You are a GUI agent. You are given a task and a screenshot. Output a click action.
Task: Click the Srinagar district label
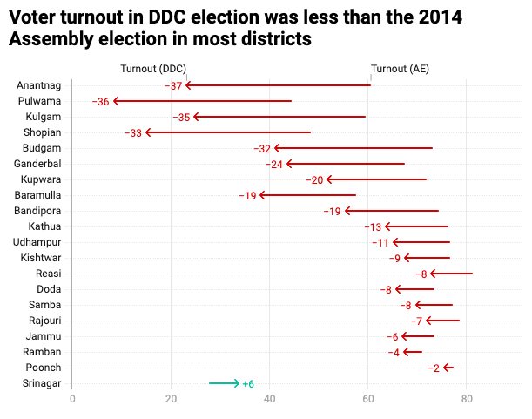pyautogui.click(x=42, y=383)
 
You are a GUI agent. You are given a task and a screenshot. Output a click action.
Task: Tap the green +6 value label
pyautogui.click(x=248, y=384)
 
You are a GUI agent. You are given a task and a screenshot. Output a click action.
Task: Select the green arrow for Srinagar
pyautogui.click(x=224, y=383)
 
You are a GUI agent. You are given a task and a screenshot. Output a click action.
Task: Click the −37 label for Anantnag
pyautogui.click(x=174, y=85)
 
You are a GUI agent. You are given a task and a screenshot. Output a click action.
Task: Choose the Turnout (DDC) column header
pyautogui.click(x=153, y=69)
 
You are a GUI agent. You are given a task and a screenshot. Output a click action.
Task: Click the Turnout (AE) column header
pyautogui.click(x=400, y=69)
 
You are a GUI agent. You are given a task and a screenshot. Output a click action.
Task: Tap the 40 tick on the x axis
pyautogui.click(x=270, y=400)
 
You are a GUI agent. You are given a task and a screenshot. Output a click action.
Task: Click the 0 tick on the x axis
pyautogui.click(x=72, y=400)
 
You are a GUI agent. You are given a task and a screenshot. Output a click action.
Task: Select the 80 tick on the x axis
pyautogui.click(x=468, y=400)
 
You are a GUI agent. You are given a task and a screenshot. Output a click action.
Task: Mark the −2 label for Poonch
pyautogui.click(x=434, y=368)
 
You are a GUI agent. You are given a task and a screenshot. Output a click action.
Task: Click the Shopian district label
pyautogui.click(x=43, y=132)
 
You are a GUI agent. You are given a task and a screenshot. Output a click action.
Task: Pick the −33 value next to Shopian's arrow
pyautogui.click(x=133, y=132)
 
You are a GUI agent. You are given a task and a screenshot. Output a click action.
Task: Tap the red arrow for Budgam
pyautogui.click(x=353, y=148)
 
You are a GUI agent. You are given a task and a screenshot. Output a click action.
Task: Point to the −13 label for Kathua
pyautogui.click(x=373, y=226)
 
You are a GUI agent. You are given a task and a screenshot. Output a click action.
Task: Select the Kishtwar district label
pyautogui.click(x=41, y=258)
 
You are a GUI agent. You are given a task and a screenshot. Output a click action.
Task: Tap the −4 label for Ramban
pyautogui.click(x=394, y=353)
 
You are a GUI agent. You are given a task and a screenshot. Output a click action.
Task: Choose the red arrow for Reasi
pyautogui.click(x=451, y=274)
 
